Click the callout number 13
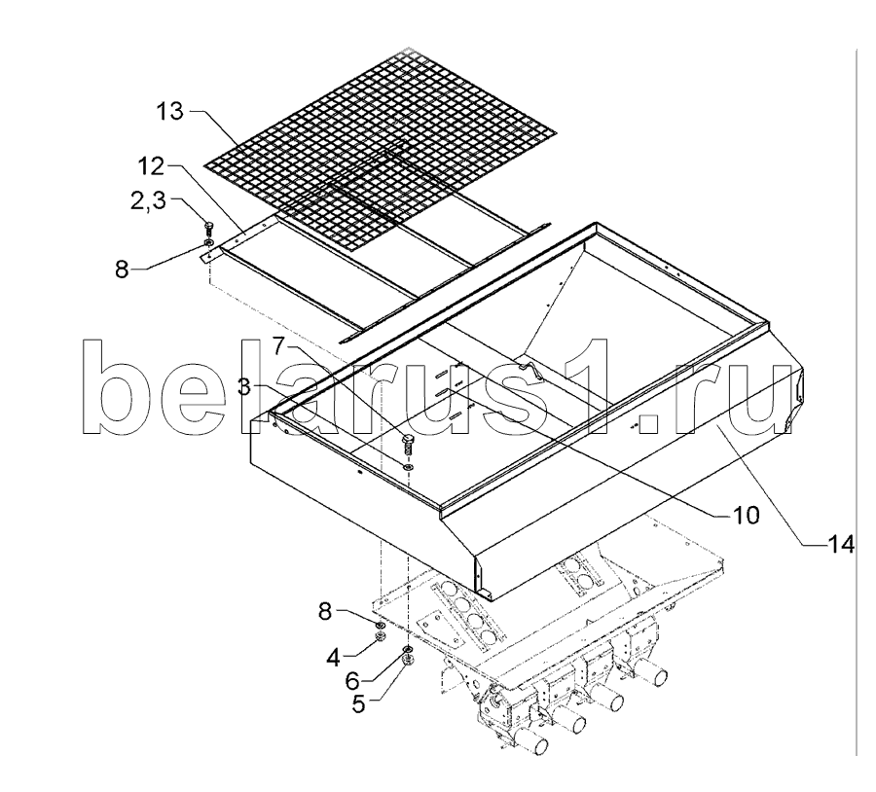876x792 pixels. [x=170, y=112]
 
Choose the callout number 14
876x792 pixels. [x=839, y=547]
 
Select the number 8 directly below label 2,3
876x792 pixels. [x=122, y=270]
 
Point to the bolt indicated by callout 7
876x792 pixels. [x=406, y=445]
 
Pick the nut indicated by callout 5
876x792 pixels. [x=408, y=661]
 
